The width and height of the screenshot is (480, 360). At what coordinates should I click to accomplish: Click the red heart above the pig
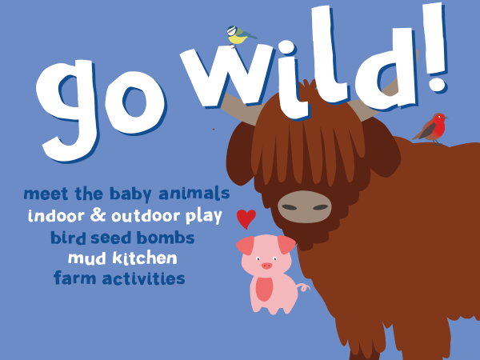tap(246, 218)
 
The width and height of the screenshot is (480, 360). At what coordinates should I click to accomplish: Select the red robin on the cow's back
tap(433, 127)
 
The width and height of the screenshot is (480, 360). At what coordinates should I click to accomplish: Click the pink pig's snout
tap(266, 266)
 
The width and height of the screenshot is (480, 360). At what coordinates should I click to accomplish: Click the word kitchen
tap(143, 258)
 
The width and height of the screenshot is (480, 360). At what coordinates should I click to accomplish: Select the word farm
tap(73, 279)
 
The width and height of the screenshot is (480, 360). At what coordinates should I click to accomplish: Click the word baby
tap(130, 194)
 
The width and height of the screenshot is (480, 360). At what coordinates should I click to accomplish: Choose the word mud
tap(86, 258)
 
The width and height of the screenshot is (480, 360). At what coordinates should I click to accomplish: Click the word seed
tap(109, 238)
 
